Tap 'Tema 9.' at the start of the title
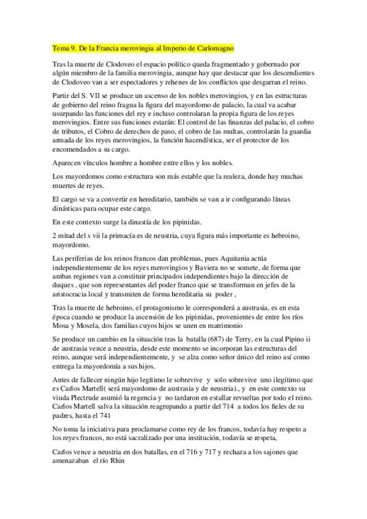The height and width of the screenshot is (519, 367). tap(64, 47)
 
